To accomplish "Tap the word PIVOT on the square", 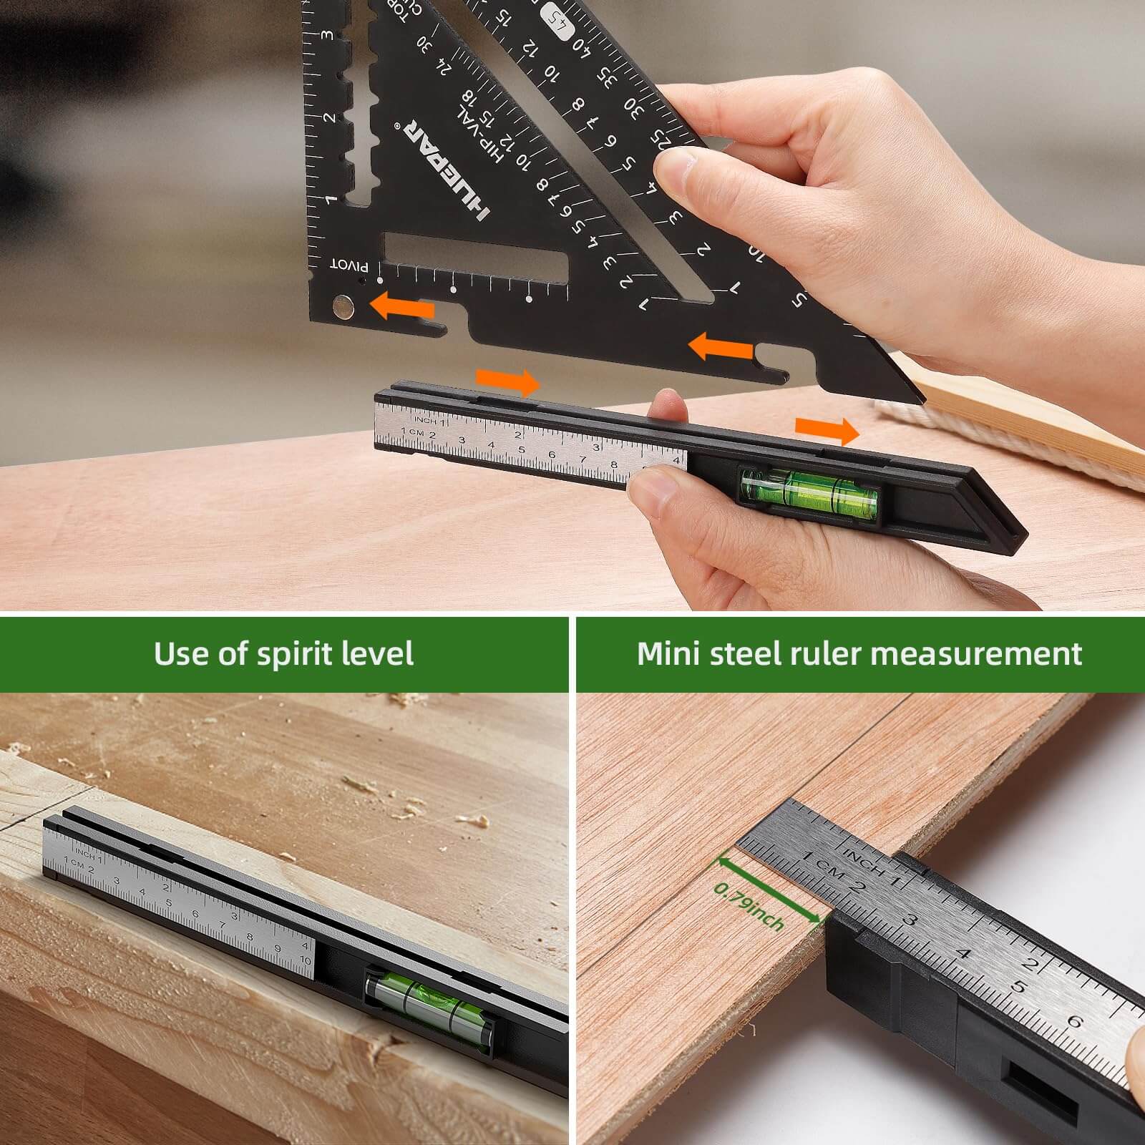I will tap(349, 265).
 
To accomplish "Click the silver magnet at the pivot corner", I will tap(344, 307).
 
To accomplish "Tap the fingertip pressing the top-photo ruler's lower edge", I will tap(655, 494).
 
